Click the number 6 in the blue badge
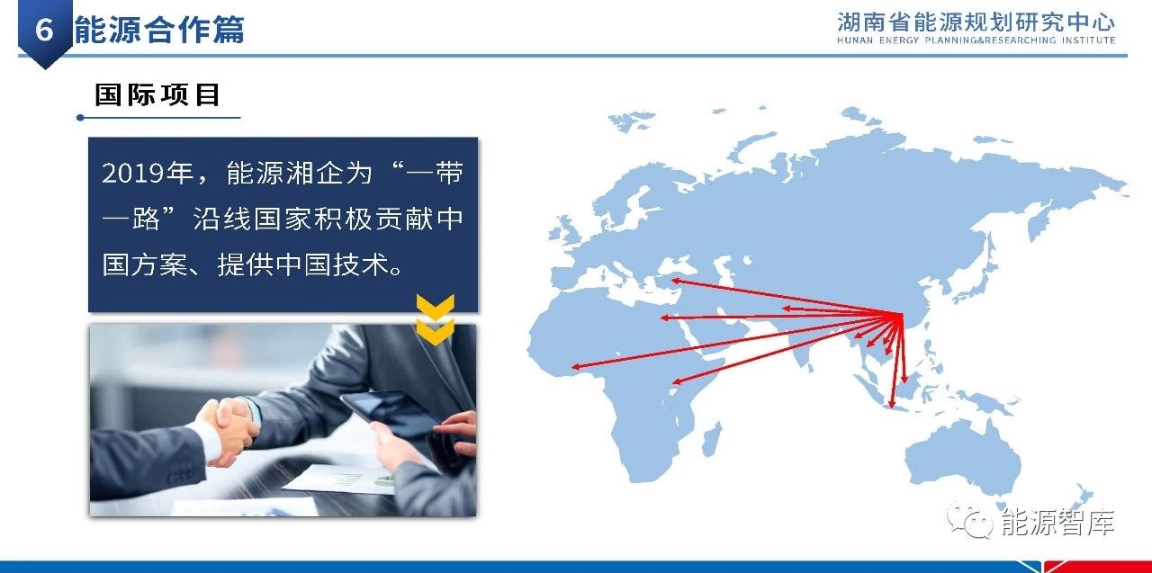point(44,30)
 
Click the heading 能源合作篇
point(159,30)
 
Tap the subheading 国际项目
point(157,95)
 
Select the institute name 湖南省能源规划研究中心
point(976,22)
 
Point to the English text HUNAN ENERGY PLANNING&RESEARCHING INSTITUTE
point(976,40)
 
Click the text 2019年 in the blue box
point(148,174)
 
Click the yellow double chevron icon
point(435,318)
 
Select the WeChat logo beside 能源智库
point(969,520)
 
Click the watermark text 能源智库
point(1057,523)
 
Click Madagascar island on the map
point(712,439)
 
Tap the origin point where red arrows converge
point(900,315)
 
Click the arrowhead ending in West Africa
point(577,366)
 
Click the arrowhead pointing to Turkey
point(676,281)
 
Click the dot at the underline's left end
point(80,118)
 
